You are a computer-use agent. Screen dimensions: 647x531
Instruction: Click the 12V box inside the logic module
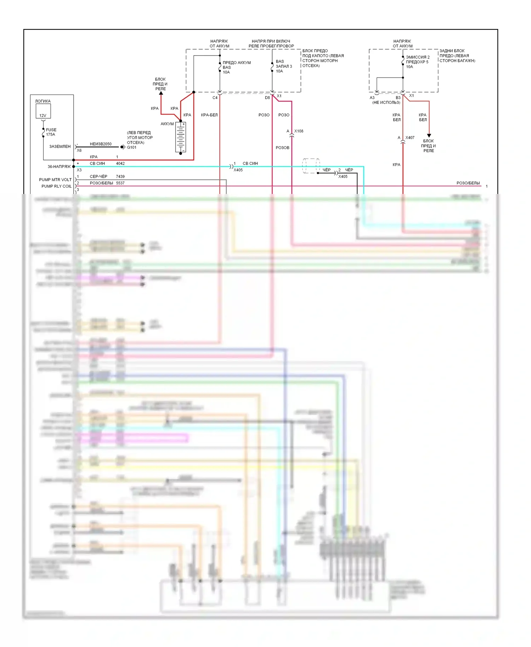43,112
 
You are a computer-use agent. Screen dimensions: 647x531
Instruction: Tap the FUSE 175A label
51,132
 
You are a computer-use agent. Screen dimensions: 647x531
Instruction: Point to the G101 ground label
132,148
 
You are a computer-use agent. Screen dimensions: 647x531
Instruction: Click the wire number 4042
120,164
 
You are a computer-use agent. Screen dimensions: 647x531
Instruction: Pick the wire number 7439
120,177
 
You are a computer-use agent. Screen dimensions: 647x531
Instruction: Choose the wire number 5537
120,183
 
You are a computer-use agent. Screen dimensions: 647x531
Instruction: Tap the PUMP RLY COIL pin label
56,186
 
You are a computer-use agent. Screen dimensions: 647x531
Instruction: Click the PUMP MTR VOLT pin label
55,180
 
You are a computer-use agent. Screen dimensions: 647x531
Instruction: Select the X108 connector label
299,131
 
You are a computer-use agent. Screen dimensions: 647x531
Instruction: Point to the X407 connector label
410,138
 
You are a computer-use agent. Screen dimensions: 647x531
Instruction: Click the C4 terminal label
215,98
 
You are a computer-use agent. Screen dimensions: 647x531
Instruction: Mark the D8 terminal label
267,98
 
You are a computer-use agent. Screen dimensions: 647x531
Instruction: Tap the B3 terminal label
398,98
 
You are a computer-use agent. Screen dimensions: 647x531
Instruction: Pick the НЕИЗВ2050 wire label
101,144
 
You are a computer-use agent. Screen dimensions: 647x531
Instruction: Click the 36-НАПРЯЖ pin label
59,167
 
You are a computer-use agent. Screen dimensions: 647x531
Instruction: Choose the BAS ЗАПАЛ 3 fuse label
284,66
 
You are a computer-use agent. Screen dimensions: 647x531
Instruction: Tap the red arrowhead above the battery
161,93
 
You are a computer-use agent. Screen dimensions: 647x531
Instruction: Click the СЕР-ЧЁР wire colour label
98,177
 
